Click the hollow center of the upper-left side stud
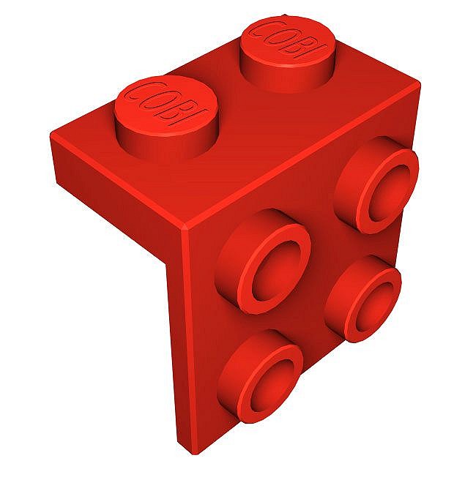(273, 269)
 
